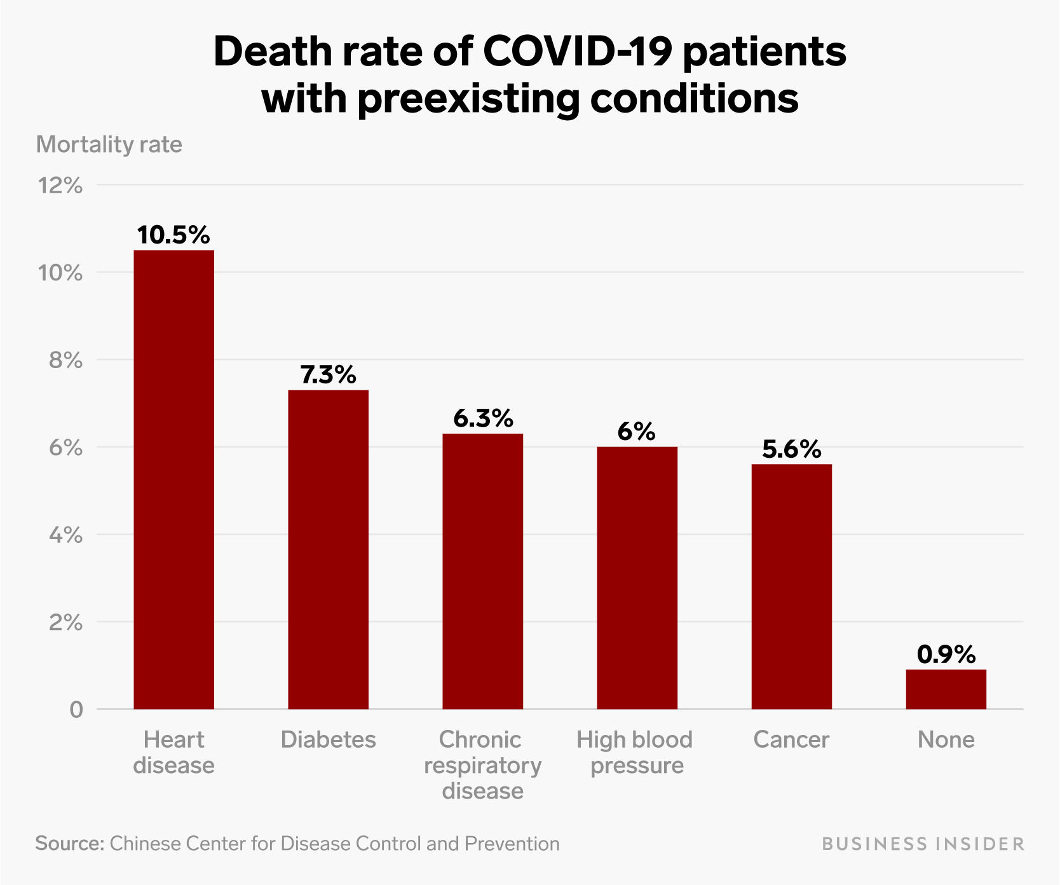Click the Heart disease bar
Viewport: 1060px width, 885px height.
coord(173,479)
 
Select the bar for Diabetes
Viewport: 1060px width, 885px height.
coord(328,549)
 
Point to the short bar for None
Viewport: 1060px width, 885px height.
coord(946,689)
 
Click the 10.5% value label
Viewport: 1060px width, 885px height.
coord(173,235)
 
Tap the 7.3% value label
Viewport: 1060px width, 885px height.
coord(328,375)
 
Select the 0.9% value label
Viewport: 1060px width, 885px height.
coord(946,654)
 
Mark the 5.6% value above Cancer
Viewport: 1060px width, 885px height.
coord(791,449)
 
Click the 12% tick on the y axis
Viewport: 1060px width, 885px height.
coord(60,186)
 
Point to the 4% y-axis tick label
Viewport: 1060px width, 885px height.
coord(65,535)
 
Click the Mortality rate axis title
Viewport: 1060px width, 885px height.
coord(109,144)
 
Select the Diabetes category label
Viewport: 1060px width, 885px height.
coord(328,739)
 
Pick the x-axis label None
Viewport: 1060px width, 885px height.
coord(946,739)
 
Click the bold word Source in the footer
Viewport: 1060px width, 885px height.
coord(69,844)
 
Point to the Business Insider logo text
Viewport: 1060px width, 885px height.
coord(923,844)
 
